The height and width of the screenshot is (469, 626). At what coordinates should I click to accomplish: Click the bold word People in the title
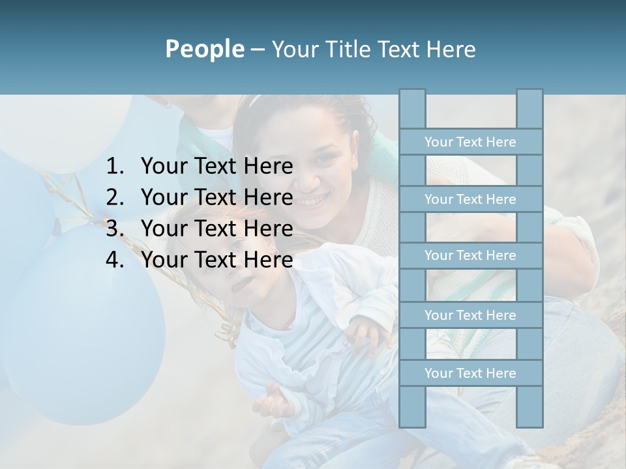click(x=204, y=49)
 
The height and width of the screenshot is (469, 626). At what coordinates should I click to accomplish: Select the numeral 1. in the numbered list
click(x=115, y=167)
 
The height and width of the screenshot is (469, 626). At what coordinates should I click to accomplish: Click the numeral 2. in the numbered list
click(x=115, y=197)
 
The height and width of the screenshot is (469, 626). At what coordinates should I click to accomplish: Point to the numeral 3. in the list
click(x=115, y=229)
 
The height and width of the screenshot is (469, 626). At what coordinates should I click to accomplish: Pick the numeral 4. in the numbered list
click(x=115, y=260)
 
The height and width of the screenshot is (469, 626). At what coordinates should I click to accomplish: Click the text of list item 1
click(x=216, y=167)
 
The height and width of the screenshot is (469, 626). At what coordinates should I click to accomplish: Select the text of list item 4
click(x=216, y=260)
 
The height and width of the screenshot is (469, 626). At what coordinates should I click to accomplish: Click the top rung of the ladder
click(x=470, y=141)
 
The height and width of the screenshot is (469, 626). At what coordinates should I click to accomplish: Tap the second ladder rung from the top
click(x=470, y=199)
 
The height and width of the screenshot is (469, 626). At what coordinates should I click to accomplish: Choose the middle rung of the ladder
click(x=470, y=255)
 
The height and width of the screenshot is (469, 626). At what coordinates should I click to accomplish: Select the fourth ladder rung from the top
click(x=470, y=315)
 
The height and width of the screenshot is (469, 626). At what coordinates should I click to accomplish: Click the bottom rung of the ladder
click(x=470, y=373)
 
